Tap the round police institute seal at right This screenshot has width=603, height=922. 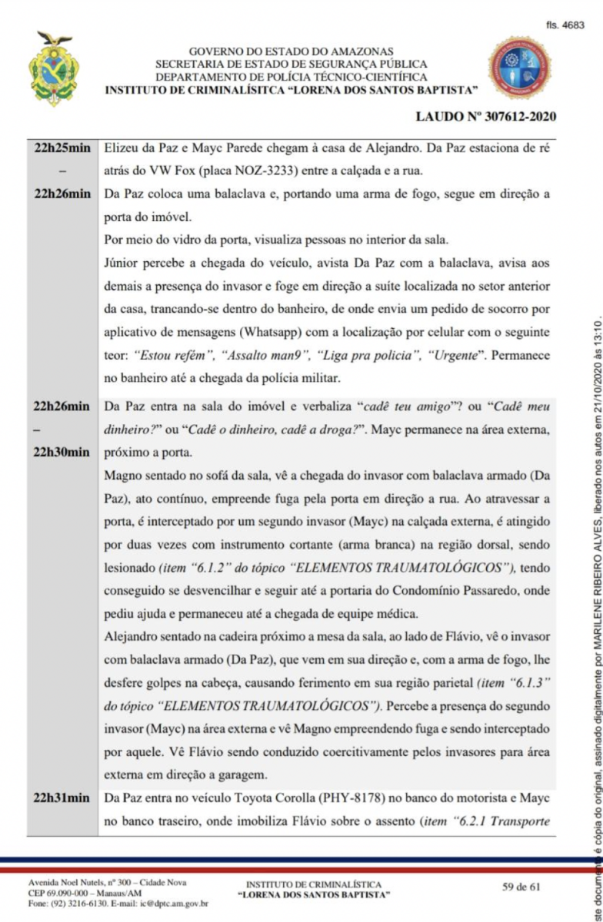point(521,69)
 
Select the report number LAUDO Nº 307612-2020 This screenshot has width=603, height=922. point(485,117)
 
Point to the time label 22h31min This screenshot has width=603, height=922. point(63,798)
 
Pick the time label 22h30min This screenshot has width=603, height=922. point(63,452)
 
